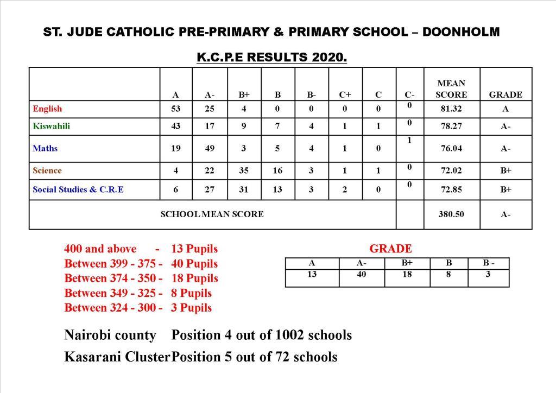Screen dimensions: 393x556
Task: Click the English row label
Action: coord(47,109)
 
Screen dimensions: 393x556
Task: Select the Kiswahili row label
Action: coord(51,126)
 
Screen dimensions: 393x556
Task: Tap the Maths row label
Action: coord(45,148)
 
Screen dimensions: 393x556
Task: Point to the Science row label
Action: coord(47,170)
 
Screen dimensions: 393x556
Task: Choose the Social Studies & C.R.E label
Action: coord(78,189)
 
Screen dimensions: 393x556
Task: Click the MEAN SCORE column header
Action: coord(451,89)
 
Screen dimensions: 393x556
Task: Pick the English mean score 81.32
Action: coord(451,109)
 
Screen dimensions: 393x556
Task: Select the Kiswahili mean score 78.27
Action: coord(451,126)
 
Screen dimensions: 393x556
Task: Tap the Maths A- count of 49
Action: coord(210,148)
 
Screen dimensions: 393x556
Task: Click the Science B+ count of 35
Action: coord(244,170)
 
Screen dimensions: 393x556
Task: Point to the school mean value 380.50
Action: coord(451,214)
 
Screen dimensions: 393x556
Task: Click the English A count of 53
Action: coord(176,109)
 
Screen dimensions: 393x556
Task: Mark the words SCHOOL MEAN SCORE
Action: coord(212,214)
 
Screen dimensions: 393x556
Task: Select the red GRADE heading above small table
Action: coord(390,249)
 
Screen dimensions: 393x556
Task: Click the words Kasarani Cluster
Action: coord(117,357)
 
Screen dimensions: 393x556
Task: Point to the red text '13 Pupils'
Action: coord(194,249)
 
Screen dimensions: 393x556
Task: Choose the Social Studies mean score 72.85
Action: coord(451,189)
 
